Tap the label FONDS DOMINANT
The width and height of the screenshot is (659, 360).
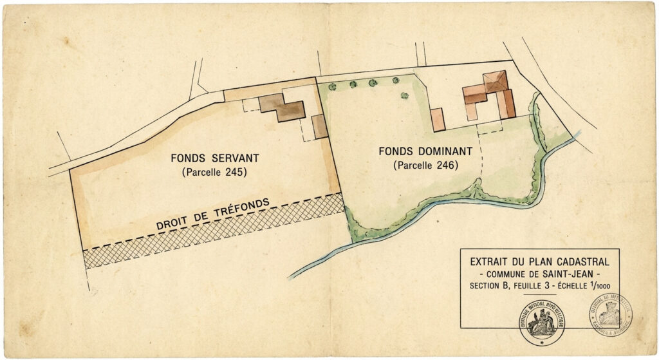425,152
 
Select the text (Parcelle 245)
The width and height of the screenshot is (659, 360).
214,172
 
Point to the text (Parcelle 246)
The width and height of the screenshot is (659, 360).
425,166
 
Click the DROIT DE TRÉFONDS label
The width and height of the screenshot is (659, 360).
212,213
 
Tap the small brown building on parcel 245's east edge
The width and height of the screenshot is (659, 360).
319,126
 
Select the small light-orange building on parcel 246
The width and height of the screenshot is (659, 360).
438,119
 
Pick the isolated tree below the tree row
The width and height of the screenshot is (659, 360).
404,96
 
